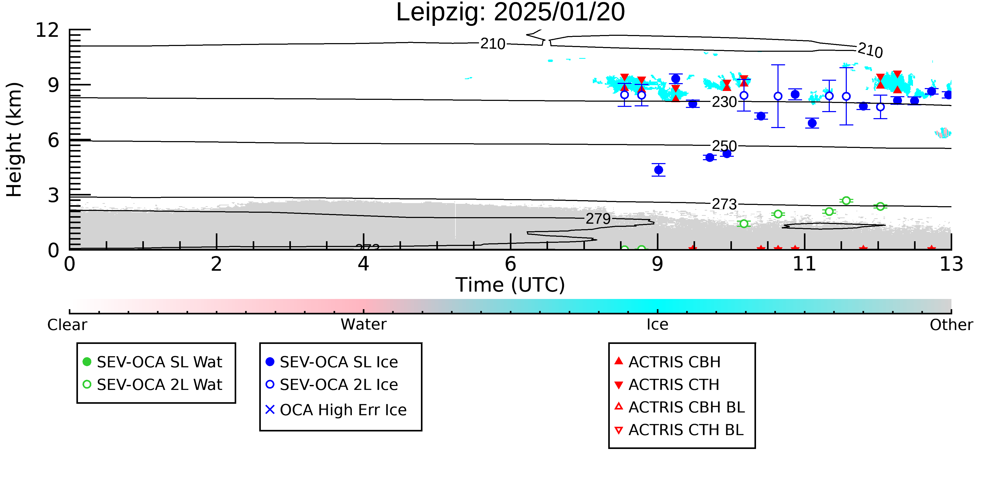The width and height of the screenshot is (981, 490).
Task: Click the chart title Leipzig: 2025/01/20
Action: point(510,12)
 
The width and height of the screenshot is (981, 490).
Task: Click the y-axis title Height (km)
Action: point(14,140)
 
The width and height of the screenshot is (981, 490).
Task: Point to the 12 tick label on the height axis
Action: point(47,30)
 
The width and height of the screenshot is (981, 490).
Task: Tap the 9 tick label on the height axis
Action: point(54,85)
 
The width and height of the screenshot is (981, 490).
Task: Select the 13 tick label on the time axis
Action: point(951,264)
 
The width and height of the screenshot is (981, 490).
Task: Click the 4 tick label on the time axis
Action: point(363,264)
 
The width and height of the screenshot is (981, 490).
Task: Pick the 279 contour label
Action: point(598,219)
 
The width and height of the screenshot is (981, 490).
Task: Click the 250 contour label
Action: point(724,146)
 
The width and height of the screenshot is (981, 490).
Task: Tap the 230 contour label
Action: point(724,102)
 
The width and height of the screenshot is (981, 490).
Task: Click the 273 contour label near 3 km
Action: point(724,204)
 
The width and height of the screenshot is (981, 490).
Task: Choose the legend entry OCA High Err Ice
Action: point(336,410)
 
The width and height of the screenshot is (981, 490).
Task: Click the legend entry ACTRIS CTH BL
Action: point(679,430)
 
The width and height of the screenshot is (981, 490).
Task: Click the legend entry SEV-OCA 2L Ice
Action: point(332,385)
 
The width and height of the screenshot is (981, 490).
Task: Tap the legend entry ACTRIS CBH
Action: point(668,362)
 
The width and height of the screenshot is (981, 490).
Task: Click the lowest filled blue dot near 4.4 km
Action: point(658,170)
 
